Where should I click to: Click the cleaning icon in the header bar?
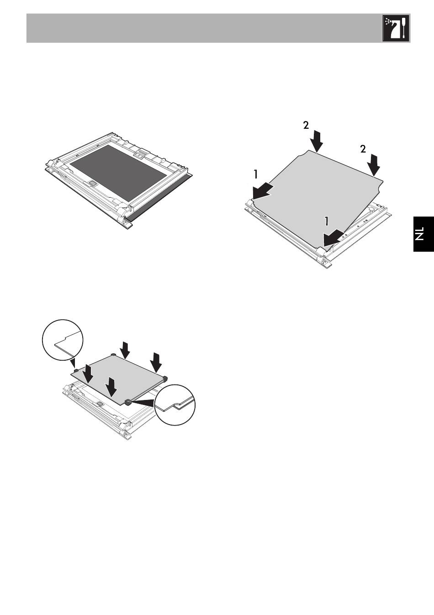(396, 28)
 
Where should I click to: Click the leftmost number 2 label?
(306, 126)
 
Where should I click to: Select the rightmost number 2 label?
(363, 149)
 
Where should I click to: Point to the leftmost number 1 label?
(256, 174)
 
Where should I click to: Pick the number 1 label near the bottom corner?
(326, 221)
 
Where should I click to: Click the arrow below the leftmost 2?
(316, 141)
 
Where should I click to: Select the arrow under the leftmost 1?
(262, 191)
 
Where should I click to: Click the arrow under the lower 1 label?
(332, 237)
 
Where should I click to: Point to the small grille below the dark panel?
(93, 183)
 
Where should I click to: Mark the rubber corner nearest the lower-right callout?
(128, 402)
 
